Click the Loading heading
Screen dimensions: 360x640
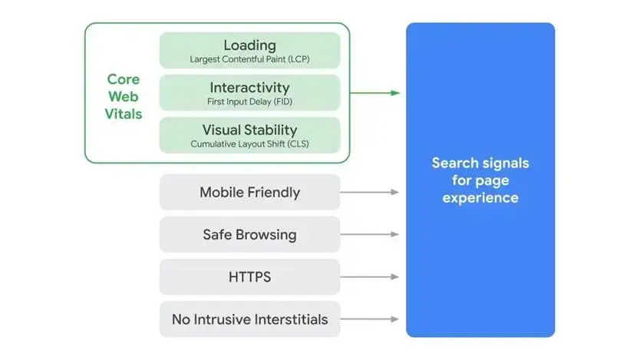249,45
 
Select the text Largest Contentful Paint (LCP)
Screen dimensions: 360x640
249,59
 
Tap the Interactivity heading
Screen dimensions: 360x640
249,88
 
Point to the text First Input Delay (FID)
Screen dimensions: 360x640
249,101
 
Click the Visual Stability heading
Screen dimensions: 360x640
249,130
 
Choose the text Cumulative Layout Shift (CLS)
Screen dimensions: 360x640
249,144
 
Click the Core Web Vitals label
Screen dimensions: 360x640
124,97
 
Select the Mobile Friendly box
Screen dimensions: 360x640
249,192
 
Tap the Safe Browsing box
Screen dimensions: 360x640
249,234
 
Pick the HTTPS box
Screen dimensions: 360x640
249,276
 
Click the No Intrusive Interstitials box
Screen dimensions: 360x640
249,319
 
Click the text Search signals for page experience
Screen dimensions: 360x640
480,180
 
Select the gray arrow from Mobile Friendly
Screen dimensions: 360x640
371,192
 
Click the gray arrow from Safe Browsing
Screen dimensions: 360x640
371,234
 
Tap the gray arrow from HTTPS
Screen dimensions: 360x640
371,276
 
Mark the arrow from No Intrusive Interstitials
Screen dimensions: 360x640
371,319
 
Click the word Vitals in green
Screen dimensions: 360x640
124,114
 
